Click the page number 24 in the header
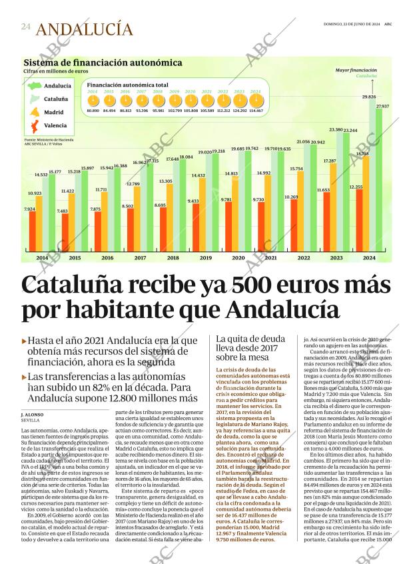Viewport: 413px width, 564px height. click(x=25, y=26)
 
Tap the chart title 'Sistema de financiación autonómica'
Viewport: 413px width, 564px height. click(x=103, y=63)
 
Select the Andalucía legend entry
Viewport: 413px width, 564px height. click(x=57, y=86)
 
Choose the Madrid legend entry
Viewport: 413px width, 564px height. click(x=54, y=113)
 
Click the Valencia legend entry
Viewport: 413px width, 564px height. click(x=55, y=125)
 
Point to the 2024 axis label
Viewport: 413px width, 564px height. click(x=368, y=257)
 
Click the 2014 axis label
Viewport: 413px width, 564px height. click(x=42, y=257)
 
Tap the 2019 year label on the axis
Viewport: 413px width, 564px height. click(x=205, y=257)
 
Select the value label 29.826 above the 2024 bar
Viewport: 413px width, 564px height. click(x=368, y=97)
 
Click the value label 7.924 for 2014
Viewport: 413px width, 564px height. click(x=30, y=209)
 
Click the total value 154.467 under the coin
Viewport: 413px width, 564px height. click(x=256, y=111)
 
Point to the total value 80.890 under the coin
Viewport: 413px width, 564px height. click(x=93, y=111)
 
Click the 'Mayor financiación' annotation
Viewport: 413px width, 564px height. click(x=356, y=70)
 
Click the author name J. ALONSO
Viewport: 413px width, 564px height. click(x=32, y=415)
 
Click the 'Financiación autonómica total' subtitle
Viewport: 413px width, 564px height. click(x=127, y=85)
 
